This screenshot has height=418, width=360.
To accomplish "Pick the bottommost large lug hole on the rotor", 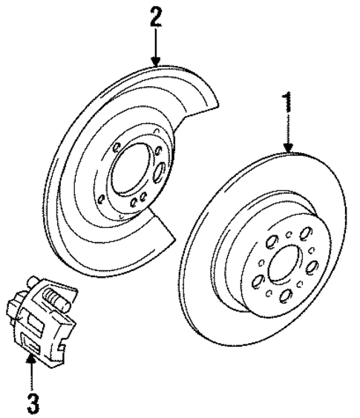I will point(285,295).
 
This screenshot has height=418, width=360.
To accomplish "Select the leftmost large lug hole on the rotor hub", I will point(257,281).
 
